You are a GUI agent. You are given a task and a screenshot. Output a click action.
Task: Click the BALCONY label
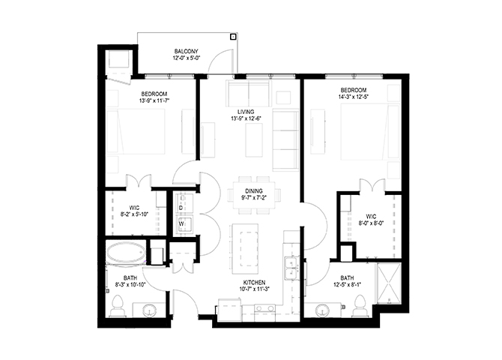186,51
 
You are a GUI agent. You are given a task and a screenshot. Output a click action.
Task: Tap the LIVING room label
246,112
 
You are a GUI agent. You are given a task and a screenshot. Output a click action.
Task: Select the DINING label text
254,191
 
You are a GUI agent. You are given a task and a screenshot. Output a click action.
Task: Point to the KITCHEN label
254,283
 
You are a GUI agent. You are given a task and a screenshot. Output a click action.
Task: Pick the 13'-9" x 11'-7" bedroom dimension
154,100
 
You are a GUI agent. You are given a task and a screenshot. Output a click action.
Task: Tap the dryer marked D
184,203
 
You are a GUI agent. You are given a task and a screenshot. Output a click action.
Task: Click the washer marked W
184,223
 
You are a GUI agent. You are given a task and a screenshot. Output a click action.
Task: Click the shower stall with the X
389,283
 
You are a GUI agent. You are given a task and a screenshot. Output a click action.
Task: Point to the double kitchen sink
291,268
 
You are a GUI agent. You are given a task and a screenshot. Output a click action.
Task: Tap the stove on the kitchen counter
264,309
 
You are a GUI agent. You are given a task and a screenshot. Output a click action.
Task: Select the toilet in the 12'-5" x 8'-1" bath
360,306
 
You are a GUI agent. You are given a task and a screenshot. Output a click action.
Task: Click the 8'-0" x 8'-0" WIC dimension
371,223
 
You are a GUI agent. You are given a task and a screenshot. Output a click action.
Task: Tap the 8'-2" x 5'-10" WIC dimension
134,214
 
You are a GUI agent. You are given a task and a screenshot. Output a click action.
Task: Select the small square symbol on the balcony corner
233,37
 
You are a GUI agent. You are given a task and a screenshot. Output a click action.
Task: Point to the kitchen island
245,249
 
